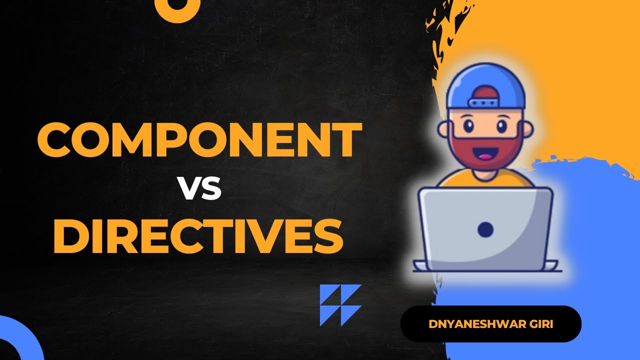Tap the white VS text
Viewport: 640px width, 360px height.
(x=199, y=189)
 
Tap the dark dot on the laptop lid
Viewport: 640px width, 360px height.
(x=485, y=229)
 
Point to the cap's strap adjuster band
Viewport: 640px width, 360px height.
(x=485, y=102)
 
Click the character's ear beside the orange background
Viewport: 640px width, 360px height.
(x=526, y=129)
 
